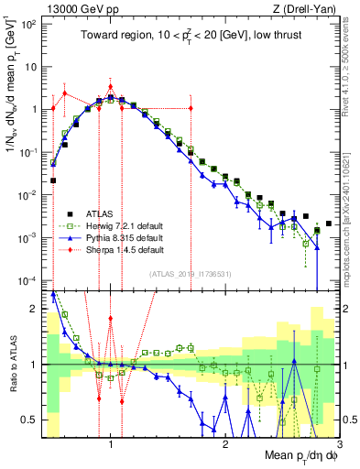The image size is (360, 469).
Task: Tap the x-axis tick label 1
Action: click(111, 444)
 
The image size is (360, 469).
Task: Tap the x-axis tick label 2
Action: click(225, 444)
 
